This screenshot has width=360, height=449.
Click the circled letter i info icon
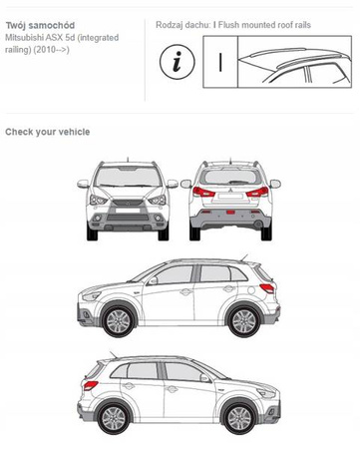[177, 62]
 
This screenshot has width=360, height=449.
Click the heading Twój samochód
[40, 25]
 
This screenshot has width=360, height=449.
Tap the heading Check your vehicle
[48, 132]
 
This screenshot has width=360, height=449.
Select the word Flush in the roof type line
[228, 25]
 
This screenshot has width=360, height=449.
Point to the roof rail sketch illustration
[294, 62]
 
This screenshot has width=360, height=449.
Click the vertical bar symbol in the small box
[220, 62]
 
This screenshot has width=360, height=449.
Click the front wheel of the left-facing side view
[119, 321]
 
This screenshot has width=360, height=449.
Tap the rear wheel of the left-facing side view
[244, 321]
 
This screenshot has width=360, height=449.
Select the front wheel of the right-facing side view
[239, 418]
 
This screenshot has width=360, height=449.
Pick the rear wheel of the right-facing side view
[114, 418]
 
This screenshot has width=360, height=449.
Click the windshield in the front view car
[128, 177]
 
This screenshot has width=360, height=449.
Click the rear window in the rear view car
[230, 177]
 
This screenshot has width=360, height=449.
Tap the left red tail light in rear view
[203, 192]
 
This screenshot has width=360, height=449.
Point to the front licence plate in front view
[128, 211]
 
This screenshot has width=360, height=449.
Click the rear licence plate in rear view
[230, 197]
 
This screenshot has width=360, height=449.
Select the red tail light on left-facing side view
[267, 288]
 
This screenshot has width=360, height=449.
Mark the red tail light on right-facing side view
[91, 385]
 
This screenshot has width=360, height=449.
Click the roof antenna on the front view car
[128, 160]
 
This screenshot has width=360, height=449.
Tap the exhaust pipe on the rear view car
[258, 224]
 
